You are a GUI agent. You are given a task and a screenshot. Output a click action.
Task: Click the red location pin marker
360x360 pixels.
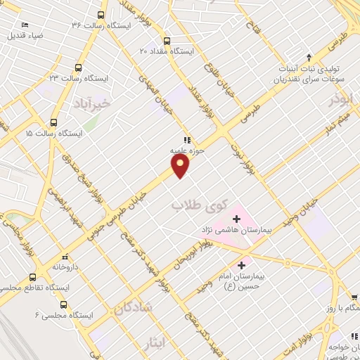(x=181, y=166)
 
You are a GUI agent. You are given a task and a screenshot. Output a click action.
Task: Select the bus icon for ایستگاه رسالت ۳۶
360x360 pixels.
(x=101, y=15)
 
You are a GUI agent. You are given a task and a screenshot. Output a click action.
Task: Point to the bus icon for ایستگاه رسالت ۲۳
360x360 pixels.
(x=77, y=67)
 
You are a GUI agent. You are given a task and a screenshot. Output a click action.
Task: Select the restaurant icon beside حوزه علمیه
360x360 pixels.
(x=187, y=139)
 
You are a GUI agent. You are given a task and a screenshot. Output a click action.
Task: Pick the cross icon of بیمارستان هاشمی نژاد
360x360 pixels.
(x=236, y=219)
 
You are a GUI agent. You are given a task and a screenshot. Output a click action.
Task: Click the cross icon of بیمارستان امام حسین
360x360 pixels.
(x=243, y=265)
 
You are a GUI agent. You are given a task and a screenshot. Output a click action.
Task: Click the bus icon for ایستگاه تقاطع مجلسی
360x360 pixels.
(x=32, y=277)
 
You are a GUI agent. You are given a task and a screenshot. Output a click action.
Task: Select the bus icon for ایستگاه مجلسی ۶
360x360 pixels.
(x=64, y=304)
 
